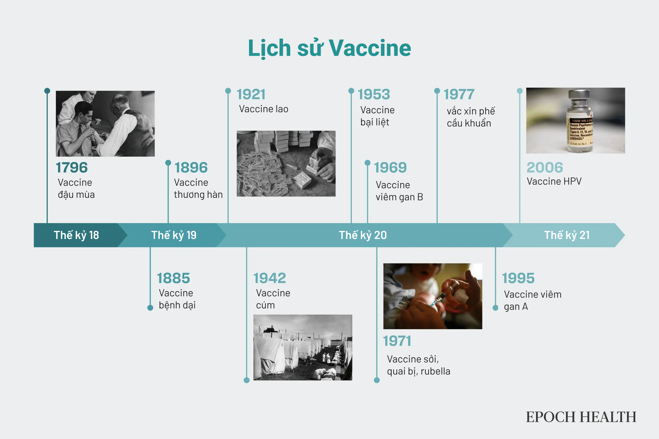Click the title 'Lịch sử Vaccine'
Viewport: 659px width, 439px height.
pyautogui.click(x=329, y=48)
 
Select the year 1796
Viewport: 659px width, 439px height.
pyautogui.click(x=72, y=167)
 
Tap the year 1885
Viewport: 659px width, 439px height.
pyautogui.click(x=174, y=278)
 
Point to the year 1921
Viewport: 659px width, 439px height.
pyautogui.click(x=251, y=94)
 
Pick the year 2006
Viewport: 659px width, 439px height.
pyautogui.click(x=545, y=167)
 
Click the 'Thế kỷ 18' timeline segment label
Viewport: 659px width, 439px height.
pyautogui.click(x=76, y=235)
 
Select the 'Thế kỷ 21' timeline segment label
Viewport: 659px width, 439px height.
pyautogui.click(x=567, y=235)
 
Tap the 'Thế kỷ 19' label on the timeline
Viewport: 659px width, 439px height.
pyautogui.click(x=174, y=235)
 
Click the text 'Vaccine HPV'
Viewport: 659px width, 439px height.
pyautogui.click(x=554, y=181)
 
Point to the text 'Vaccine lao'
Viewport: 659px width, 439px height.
pyautogui.click(x=264, y=109)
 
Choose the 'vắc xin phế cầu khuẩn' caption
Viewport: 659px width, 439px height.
pyautogui.click(x=471, y=117)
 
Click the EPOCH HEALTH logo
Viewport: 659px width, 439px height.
pyautogui.click(x=581, y=417)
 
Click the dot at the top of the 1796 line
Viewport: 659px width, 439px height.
pyautogui.click(x=47, y=91)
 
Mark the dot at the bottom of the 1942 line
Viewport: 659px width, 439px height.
pyautogui.click(x=247, y=380)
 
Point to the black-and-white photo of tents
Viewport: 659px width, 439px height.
pyautogui.click(x=303, y=347)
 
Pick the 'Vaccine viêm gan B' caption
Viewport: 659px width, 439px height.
pyautogui.click(x=399, y=191)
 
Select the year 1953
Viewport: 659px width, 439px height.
pyautogui.click(x=374, y=94)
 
